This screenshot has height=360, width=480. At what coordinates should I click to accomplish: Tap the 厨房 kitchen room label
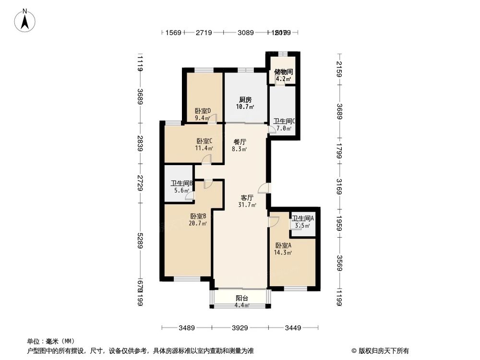[x=245, y=100]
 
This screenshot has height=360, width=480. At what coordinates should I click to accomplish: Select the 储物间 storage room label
[x=283, y=72]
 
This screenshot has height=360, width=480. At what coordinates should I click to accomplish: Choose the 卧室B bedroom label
[x=198, y=216]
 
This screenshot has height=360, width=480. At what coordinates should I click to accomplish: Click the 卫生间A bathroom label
[x=303, y=218]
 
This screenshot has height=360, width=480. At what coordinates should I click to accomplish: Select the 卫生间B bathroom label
[x=181, y=183]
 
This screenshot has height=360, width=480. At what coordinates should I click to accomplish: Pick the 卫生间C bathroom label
[x=284, y=121]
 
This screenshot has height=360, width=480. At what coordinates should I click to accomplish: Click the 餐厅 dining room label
[x=240, y=142]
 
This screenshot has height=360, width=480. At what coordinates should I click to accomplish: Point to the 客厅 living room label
[x=247, y=197]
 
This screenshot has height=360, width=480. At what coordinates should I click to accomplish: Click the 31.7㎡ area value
[x=247, y=205]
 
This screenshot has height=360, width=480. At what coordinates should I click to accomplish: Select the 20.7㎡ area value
[x=198, y=223]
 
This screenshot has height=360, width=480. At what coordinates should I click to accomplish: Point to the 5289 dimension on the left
[x=140, y=238]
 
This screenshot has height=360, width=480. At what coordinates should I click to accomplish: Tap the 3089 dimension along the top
[x=245, y=33]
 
